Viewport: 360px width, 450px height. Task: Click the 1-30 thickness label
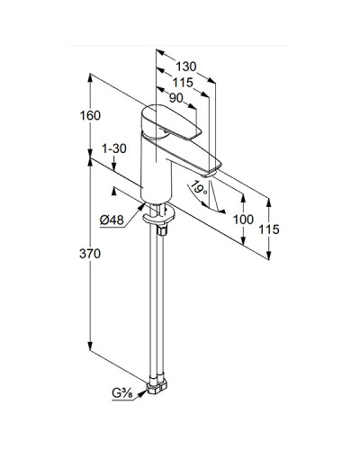pos(114,148)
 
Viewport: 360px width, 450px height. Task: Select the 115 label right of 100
pos(267,230)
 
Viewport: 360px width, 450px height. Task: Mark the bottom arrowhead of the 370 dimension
pos(91,351)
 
